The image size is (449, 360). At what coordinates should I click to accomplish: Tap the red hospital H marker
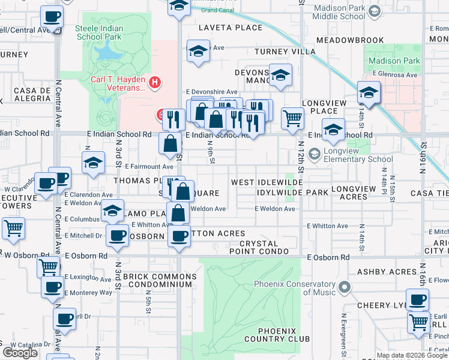click(x=155, y=82)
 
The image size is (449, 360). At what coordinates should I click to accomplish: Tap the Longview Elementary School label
click(x=358, y=155)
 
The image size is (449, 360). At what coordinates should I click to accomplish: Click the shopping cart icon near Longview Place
click(x=292, y=118)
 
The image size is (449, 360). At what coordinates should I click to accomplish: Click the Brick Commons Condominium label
click(x=159, y=281)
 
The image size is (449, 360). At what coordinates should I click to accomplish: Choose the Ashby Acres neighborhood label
click(x=387, y=272)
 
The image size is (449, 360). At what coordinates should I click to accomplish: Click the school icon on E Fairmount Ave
click(x=93, y=163)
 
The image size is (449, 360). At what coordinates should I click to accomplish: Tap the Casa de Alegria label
click(x=31, y=94)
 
